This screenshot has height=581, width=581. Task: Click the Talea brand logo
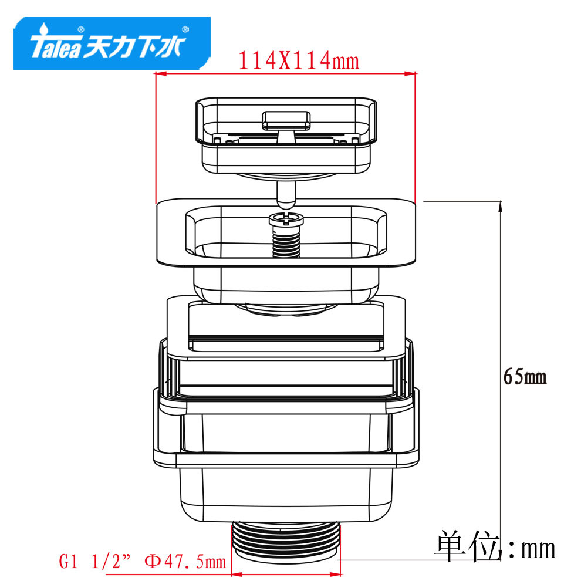(112, 43)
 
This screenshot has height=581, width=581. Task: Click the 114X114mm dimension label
(299, 60)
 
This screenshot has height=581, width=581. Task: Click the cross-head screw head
(286, 219)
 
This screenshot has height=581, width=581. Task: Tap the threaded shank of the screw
(286, 242)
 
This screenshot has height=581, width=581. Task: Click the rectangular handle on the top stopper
(286, 121)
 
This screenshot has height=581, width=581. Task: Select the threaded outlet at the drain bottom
(286, 542)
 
